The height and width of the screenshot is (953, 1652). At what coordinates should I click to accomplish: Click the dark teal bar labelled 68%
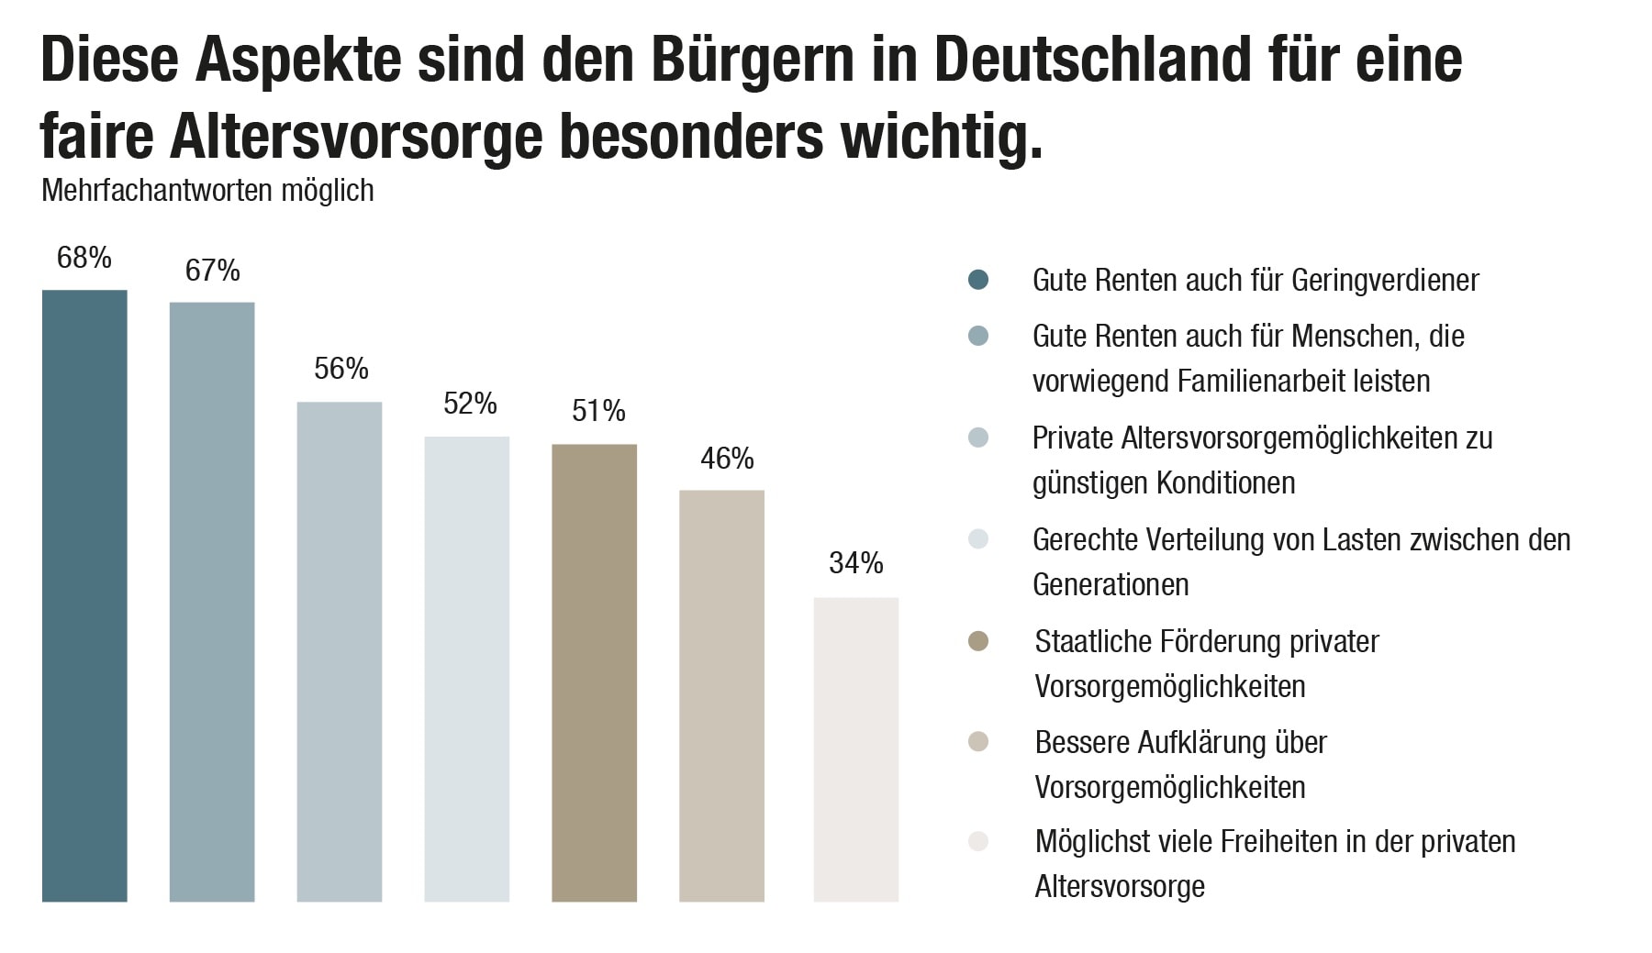(84, 595)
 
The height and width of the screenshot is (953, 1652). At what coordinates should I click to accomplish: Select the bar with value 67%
(212, 602)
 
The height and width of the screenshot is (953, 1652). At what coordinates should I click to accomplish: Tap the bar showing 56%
(340, 651)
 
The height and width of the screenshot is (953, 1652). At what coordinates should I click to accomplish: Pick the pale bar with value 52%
(466, 669)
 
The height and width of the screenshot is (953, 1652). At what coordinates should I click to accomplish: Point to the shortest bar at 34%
(855, 749)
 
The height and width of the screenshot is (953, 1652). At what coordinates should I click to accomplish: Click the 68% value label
(84, 258)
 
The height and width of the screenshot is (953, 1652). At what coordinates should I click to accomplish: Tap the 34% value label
(855, 562)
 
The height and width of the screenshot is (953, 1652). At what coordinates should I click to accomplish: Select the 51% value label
(598, 411)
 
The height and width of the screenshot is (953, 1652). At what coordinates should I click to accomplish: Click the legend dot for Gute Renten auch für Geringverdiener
(978, 280)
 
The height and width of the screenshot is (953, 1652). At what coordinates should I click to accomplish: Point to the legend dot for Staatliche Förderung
(978, 641)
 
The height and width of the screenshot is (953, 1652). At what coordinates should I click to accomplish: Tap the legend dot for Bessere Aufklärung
(978, 742)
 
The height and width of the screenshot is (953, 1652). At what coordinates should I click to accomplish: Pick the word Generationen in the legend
(1111, 584)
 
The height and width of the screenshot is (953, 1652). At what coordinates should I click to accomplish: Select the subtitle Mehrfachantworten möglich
(207, 191)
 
